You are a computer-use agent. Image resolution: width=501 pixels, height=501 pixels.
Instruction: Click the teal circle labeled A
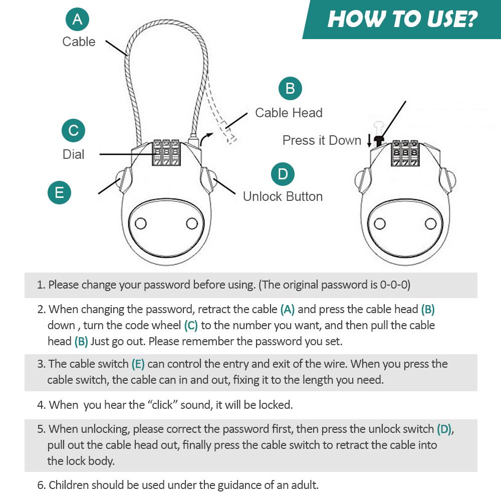click(77, 20)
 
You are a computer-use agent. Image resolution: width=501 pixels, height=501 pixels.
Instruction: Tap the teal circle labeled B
click(290, 89)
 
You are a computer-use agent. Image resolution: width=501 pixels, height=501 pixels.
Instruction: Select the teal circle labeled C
click(74, 130)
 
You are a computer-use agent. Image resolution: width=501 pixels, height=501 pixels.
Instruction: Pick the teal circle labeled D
click(283, 174)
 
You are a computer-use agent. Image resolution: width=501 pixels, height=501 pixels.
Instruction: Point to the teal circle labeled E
click(60, 193)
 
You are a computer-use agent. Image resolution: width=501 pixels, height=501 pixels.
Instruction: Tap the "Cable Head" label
click(289, 113)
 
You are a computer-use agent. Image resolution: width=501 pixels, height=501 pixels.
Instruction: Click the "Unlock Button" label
click(283, 196)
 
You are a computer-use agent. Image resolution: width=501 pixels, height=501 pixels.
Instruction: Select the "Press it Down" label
click(322, 140)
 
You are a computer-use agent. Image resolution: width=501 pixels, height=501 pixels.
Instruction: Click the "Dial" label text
click(74, 154)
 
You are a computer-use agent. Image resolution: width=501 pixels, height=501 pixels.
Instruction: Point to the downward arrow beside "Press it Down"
click(369, 141)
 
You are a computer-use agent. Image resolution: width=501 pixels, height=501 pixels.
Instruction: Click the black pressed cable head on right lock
click(379, 141)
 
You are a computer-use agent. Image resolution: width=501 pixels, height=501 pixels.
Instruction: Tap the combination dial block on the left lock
click(166, 152)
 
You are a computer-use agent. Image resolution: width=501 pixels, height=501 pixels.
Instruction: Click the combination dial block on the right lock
click(405, 153)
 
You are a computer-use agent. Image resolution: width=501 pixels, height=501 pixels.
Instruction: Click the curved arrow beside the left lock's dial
click(205, 139)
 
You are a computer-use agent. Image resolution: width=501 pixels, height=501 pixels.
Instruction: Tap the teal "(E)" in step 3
click(138, 364)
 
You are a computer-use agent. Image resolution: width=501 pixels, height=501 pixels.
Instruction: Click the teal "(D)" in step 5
click(444, 429)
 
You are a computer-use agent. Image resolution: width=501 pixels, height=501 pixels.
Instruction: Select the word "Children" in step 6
click(68, 485)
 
